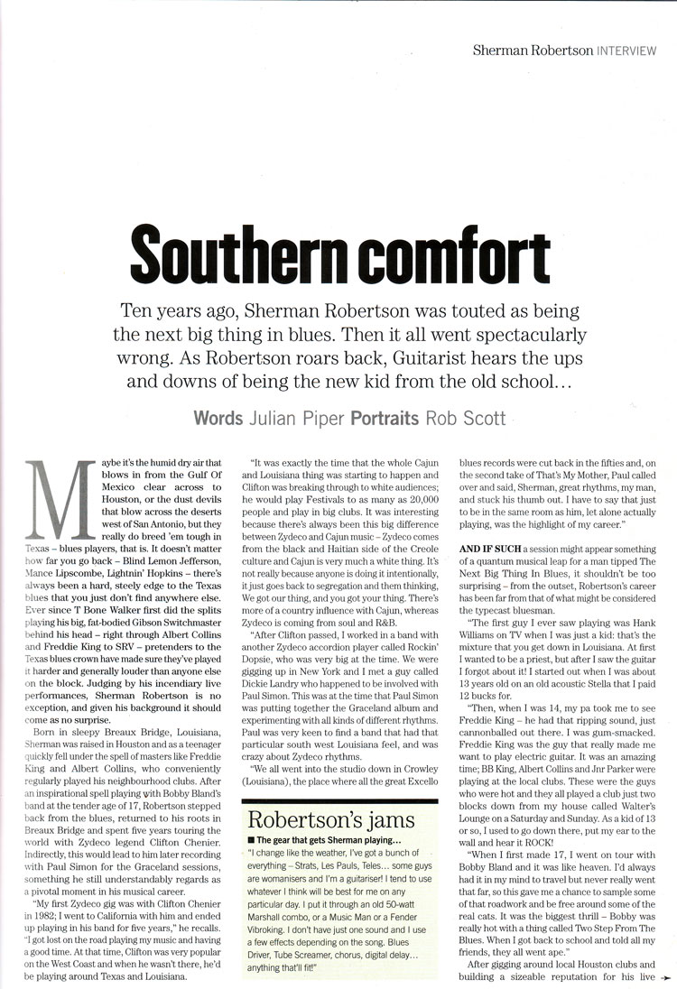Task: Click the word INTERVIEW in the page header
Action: [625, 51]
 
